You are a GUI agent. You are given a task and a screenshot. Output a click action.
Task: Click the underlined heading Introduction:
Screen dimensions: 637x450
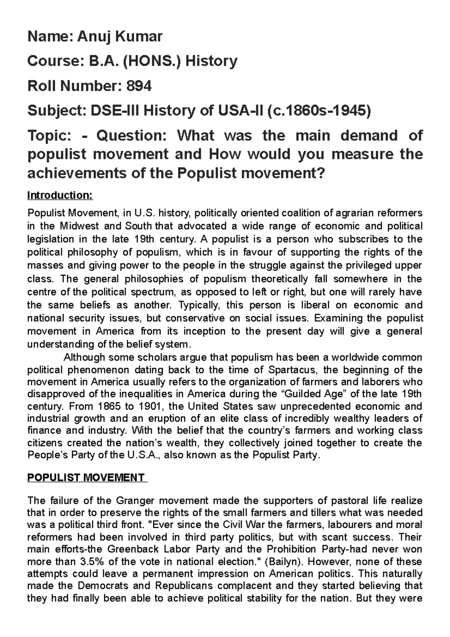coord(60,195)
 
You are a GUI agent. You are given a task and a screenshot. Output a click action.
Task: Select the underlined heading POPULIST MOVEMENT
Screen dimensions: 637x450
coord(86,478)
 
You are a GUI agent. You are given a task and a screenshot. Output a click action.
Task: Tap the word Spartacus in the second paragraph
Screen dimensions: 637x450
coord(292,370)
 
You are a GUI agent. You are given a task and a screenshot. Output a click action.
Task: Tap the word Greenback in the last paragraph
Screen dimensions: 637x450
coord(130,550)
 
